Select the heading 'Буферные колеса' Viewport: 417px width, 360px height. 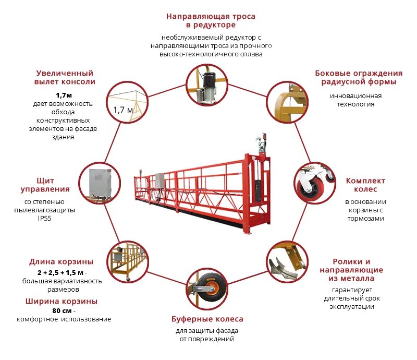207,319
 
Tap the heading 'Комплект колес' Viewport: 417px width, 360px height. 365,185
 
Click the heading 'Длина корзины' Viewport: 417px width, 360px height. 61,261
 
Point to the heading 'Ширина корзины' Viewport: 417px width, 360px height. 61,301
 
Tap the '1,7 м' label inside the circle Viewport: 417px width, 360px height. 123,110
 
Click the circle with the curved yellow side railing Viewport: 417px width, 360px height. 288,101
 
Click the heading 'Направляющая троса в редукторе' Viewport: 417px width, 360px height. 211,20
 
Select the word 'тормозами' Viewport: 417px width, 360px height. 365,219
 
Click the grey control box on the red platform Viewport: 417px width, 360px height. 160,180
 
